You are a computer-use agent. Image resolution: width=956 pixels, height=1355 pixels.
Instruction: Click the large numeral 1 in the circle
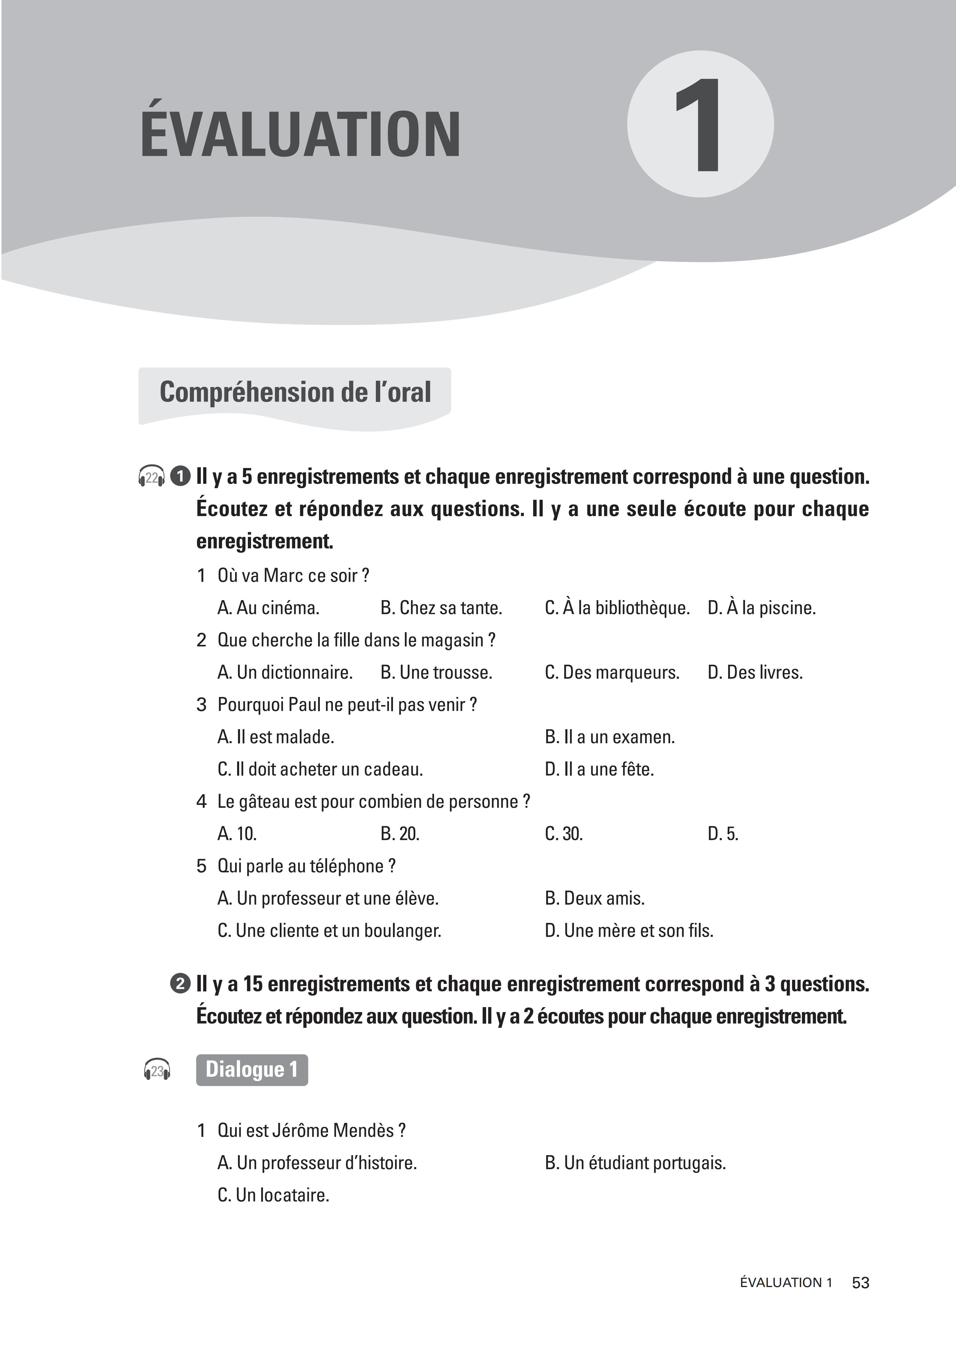pyautogui.click(x=700, y=125)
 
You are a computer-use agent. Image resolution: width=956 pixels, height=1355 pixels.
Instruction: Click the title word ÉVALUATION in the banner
pyautogui.click(x=300, y=135)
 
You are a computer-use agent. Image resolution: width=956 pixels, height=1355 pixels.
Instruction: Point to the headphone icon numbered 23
pyautogui.click(x=157, y=1070)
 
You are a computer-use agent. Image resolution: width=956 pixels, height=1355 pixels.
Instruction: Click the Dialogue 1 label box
pyautogui.click(x=252, y=1069)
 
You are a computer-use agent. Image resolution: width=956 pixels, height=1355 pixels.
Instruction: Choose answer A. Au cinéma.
pyautogui.click(x=268, y=608)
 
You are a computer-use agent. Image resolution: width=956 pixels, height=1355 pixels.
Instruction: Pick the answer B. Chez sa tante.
pyautogui.click(x=441, y=608)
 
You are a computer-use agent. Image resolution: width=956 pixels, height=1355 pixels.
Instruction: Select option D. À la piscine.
pyautogui.click(x=761, y=608)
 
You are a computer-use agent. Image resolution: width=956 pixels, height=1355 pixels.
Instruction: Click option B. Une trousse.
pyautogui.click(x=436, y=672)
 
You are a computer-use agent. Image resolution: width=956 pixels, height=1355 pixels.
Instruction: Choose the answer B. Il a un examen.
pyautogui.click(x=610, y=737)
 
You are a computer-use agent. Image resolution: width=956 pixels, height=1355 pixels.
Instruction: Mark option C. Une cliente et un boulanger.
pyautogui.click(x=329, y=931)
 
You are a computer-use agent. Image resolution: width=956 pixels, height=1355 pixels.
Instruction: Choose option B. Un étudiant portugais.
pyautogui.click(x=635, y=1162)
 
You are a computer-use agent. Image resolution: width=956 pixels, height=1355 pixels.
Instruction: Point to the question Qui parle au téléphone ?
pyautogui.click(x=306, y=866)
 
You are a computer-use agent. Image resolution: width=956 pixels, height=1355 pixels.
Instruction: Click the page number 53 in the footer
pyautogui.click(x=861, y=1282)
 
